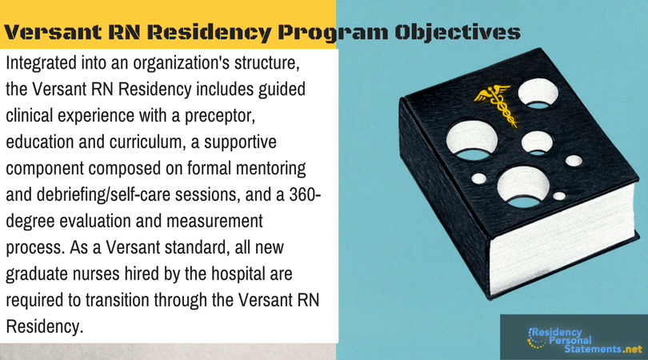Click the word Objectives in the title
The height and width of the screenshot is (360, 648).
coord(458,32)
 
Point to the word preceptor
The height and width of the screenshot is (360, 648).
coord(219,116)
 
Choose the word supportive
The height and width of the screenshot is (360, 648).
coord(240,142)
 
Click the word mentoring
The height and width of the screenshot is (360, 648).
coord(270,169)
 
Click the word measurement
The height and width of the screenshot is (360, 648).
coord(214,221)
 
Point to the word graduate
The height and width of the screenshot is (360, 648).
coord(37,274)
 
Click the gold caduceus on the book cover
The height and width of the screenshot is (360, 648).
coord(495,103)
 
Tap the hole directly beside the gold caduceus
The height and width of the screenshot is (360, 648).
coord(538,94)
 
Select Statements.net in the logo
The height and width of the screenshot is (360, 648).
coord(603,349)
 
